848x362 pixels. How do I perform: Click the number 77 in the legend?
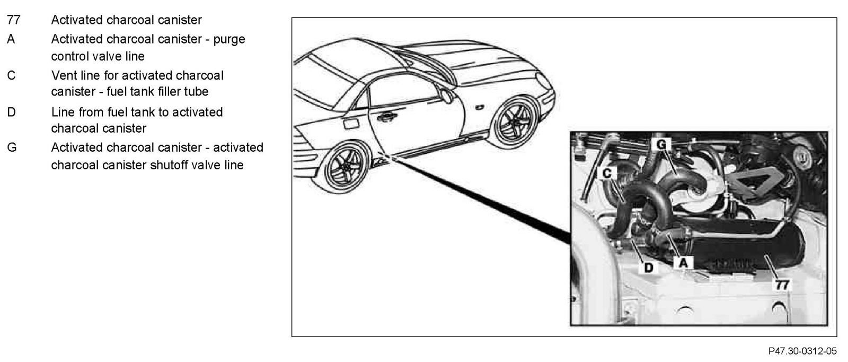[x=13, y=20]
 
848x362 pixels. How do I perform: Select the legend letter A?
[x=11, y=39]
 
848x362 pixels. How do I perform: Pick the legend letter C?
[x=11, y=75]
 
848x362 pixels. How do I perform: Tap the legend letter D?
[x=11, y=113]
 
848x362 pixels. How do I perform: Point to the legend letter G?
[x=12, y=148]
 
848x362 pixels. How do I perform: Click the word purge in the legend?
[x=229, y=40]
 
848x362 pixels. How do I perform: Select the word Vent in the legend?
[x=64, y=75]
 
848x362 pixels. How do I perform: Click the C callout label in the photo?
[x=607, y=173]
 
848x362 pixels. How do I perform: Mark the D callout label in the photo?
[x=649, y=268]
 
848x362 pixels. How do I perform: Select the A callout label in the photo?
[x=683, y=262]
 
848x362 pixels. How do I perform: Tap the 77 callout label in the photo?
[x=782, y=285]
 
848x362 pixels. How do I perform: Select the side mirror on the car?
[x=447, y=96]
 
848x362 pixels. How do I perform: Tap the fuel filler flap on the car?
[x=351, y=125]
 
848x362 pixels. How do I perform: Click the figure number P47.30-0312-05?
[x=802, y=351]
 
